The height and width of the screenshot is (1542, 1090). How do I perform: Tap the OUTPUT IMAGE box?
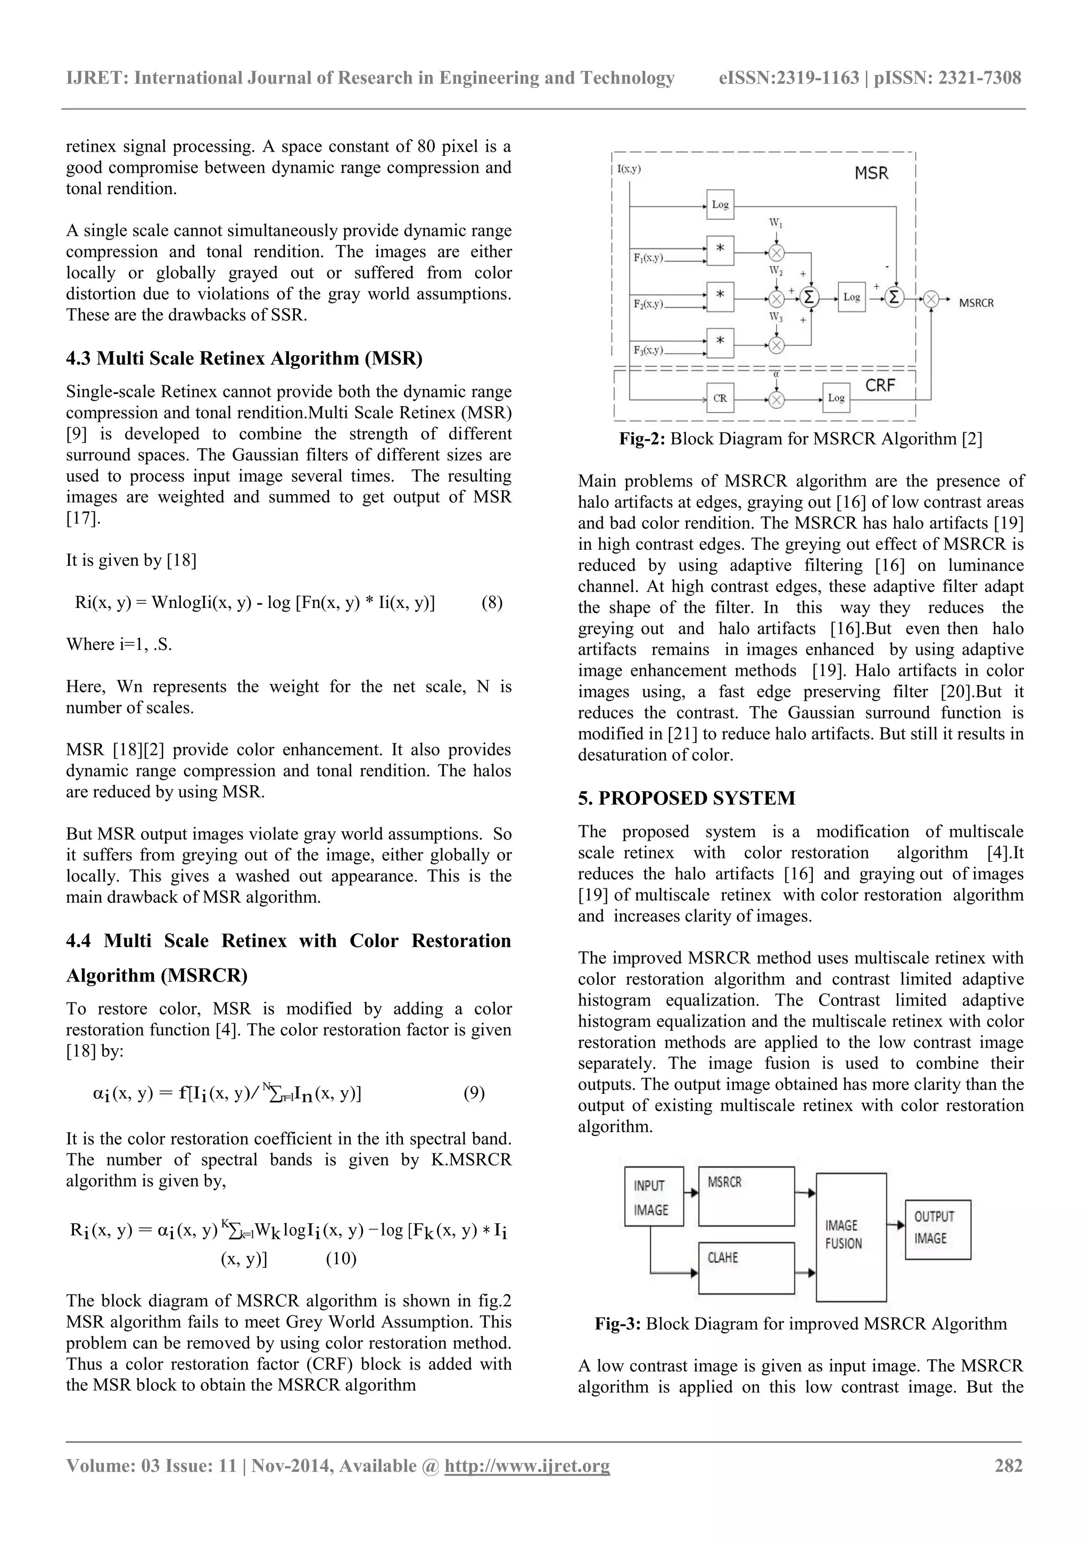(x=938, y=1229)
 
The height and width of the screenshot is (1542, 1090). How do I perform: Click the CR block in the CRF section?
(x=720, y=398)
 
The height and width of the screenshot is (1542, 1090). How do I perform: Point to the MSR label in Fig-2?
(x=871, y=174)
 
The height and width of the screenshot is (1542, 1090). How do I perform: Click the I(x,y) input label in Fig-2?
(x=629, y=169)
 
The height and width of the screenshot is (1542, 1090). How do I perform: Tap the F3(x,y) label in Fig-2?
(x=648, y=350)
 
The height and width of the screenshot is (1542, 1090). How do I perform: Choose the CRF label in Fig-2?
(x=880, y=385)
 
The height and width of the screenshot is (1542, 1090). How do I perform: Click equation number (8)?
(x=492, y=603)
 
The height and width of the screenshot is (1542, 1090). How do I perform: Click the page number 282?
(x=1008, y=1465)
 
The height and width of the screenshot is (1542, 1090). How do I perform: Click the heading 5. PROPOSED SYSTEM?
(x=687, y=798)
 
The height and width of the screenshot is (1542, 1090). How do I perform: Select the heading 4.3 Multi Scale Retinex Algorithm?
(x=244, y=358)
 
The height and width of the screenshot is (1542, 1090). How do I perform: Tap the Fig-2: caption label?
(x=642, y=439)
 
